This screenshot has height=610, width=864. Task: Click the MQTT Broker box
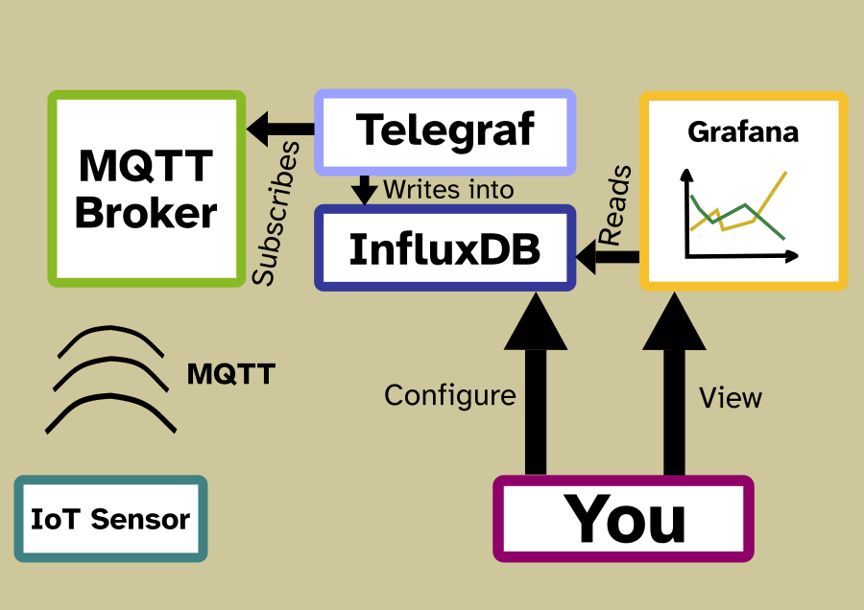[x=146, y=189]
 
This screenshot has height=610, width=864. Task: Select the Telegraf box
[x=444, y=131]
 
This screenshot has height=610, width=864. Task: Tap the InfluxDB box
[x=444, y=248]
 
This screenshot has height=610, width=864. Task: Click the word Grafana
[x=742, y=131]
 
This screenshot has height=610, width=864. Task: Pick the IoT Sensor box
[x=110, y=519]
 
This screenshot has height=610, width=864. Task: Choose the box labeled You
[x=623, y=518]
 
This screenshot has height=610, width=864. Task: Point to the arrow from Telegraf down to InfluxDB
[x=364, y=189]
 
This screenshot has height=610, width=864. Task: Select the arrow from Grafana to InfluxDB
[x=609, y=256]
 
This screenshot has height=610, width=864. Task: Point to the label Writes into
[x=448, y=189]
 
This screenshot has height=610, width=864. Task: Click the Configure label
[x=450, y=395]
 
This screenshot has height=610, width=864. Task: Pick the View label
[x=731, y=397]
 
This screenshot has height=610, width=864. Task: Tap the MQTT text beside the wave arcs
[x=230, y=374]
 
